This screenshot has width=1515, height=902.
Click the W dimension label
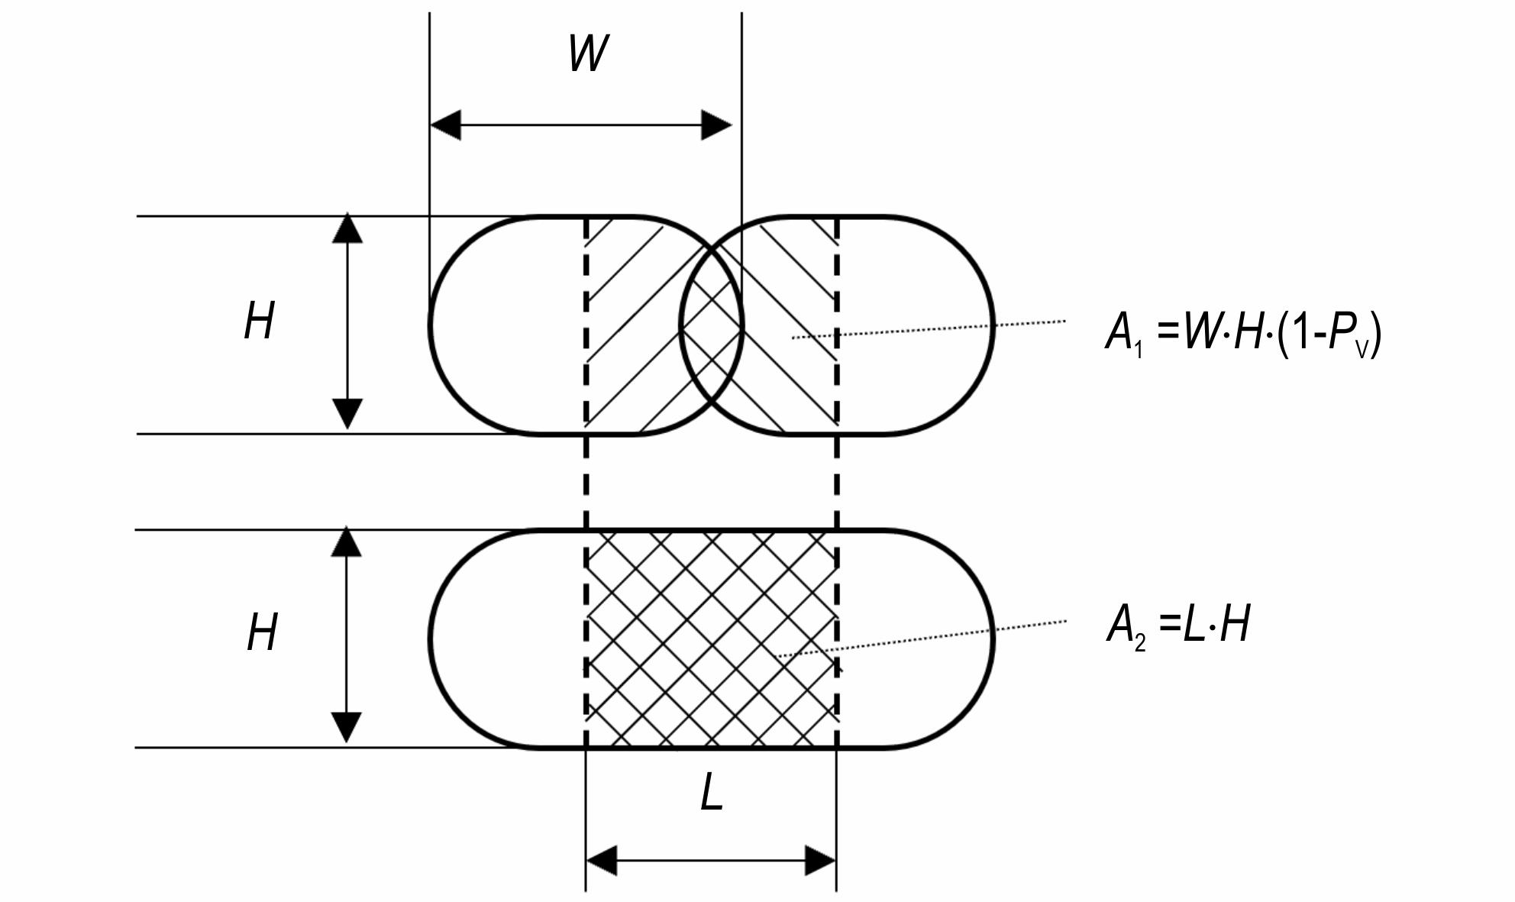589,53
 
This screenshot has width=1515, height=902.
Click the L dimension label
712,793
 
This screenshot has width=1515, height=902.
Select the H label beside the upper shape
260,321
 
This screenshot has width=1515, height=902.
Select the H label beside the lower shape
262,632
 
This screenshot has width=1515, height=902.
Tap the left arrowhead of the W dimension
446,124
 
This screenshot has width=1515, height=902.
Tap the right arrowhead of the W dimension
716,124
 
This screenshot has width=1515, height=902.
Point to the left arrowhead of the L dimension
602,861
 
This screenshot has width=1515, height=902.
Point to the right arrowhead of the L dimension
821,861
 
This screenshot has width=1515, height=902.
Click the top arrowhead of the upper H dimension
347,228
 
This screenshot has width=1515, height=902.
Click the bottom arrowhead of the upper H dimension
347,414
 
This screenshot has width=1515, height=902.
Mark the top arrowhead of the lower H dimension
346,541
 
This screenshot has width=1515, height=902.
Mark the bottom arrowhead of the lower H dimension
346,728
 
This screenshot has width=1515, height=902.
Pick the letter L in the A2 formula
1193,624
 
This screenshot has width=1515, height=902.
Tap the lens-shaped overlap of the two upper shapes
711,325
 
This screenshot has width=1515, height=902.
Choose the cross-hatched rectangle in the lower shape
712,639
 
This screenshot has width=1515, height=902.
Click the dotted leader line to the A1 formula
929,329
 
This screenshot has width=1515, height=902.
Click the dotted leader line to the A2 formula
922,639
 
